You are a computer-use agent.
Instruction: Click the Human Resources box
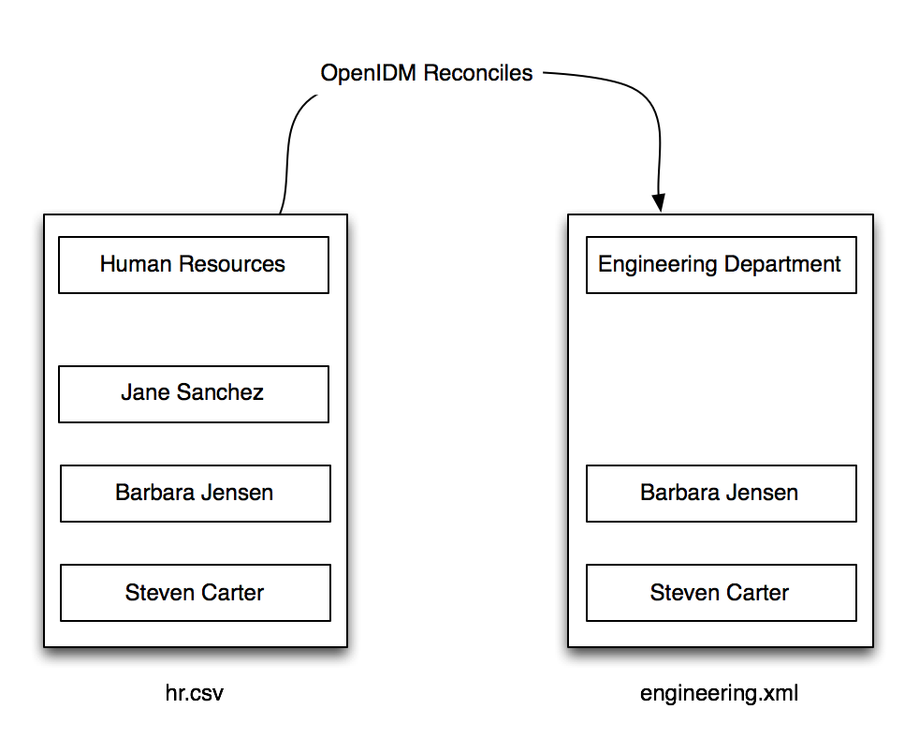point(194,265)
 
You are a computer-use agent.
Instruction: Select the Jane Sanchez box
point(194,394)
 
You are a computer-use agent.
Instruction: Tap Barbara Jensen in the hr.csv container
point(196,494)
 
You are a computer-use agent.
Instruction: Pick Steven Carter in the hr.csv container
point(196,593)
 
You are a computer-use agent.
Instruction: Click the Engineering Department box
point(721,265)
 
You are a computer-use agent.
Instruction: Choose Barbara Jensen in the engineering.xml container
point(721,494)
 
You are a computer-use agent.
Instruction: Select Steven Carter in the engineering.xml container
point(721,593)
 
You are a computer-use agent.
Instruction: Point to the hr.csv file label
point(195,693)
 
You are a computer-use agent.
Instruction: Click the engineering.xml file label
point(719,694)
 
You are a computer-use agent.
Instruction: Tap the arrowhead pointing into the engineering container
point(660,202)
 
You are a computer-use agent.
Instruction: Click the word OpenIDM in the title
point(368,73)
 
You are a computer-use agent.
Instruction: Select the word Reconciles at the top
point(477,73)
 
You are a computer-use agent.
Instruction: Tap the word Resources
point(231,264)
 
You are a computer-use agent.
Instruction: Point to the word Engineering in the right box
point(658,264)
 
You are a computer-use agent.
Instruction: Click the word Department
point(782,264)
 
